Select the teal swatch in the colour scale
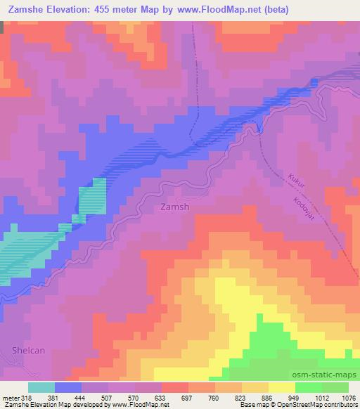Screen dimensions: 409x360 click(x=41, y=387)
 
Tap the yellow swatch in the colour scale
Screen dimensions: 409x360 click(x=282, y=387)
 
